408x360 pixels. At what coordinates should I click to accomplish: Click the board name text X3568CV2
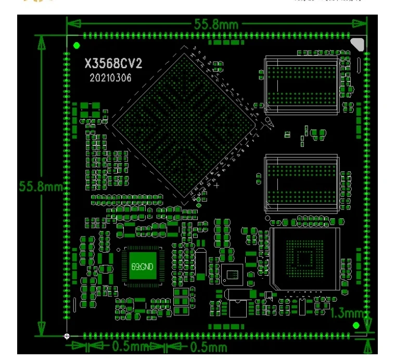[x=113, y=64]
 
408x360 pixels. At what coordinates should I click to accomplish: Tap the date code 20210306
[x=110, y=78]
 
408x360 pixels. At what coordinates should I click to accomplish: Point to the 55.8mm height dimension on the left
[x=40, y=186]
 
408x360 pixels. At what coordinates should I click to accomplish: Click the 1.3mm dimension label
[x=348, y=313]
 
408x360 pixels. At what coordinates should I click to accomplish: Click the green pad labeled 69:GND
[x=142, y=267]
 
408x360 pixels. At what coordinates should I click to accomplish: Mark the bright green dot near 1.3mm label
[x=356, y=326]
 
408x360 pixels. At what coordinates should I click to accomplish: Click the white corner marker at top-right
[x=358, y=44]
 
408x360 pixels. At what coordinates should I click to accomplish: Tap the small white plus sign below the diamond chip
[x=216, y=185]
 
